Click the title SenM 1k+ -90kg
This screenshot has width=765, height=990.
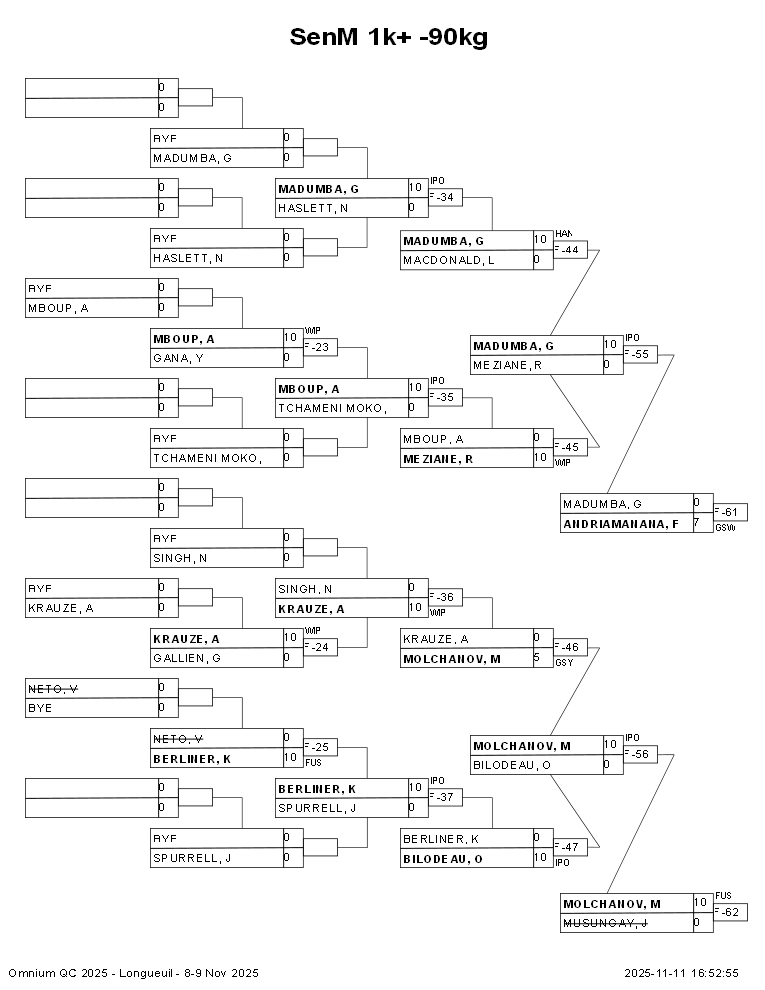388,37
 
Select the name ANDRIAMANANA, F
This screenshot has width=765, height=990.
621,523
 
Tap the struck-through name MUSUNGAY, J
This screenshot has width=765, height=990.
605,923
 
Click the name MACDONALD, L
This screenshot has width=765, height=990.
448,260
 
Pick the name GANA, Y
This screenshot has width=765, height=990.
178,357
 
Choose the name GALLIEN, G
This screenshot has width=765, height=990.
186,657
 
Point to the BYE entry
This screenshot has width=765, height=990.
40,708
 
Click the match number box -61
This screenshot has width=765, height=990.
732,512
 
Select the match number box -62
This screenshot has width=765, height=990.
732,912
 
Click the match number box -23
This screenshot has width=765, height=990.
321,347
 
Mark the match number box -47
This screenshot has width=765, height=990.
571,847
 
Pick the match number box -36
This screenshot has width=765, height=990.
445,597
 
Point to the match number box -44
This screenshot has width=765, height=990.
571,249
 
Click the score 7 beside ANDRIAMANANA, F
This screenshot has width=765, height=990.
696,523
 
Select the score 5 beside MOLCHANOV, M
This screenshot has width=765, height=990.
537,658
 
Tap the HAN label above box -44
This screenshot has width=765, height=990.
563,233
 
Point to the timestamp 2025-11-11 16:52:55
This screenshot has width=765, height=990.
681,973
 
